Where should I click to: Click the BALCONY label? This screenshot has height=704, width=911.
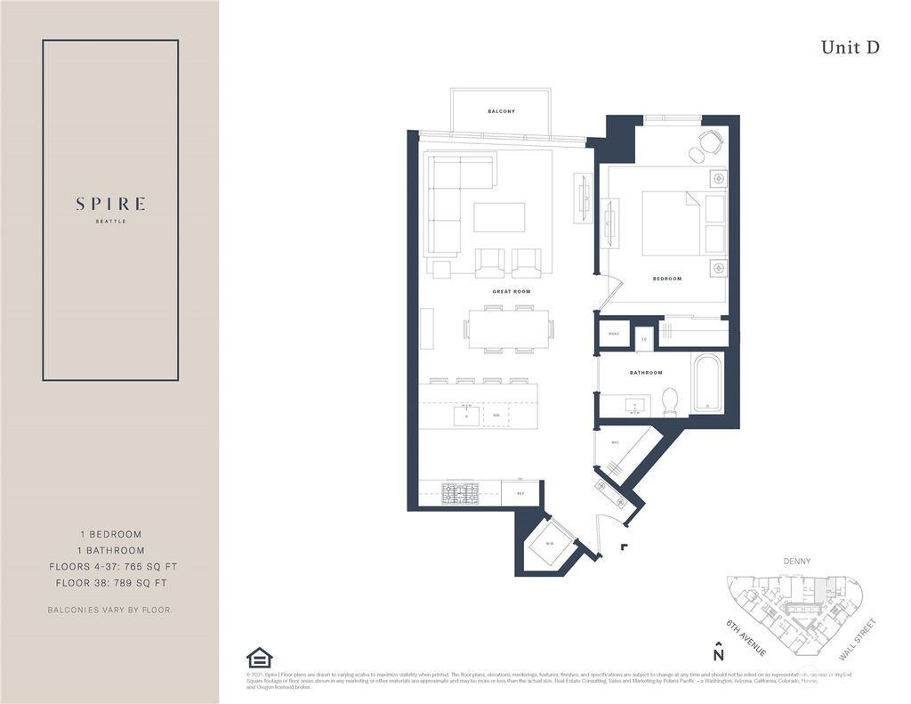(x=501, y=111)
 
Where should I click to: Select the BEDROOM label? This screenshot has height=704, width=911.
(x=666, y=279)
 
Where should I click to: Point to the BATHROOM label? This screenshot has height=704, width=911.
(x=646, y=373)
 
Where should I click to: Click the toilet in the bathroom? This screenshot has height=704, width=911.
(x=671, y=403)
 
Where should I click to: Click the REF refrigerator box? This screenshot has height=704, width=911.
(x=520, y=492)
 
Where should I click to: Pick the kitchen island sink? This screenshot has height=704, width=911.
(x=466, y=415)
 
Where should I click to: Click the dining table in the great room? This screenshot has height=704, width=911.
(x=506, y=329)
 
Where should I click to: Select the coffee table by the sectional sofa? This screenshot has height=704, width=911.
(x=498, y=217)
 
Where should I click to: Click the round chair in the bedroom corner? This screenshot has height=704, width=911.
(x=710, y=142)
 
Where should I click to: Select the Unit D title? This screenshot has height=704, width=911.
(x=850, y=48)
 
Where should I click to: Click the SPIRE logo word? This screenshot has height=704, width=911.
(x=110, y=204)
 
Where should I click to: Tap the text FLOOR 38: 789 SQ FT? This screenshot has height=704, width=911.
(x=110, y=583)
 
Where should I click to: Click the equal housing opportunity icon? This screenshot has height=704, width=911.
(x=259, y=658)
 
